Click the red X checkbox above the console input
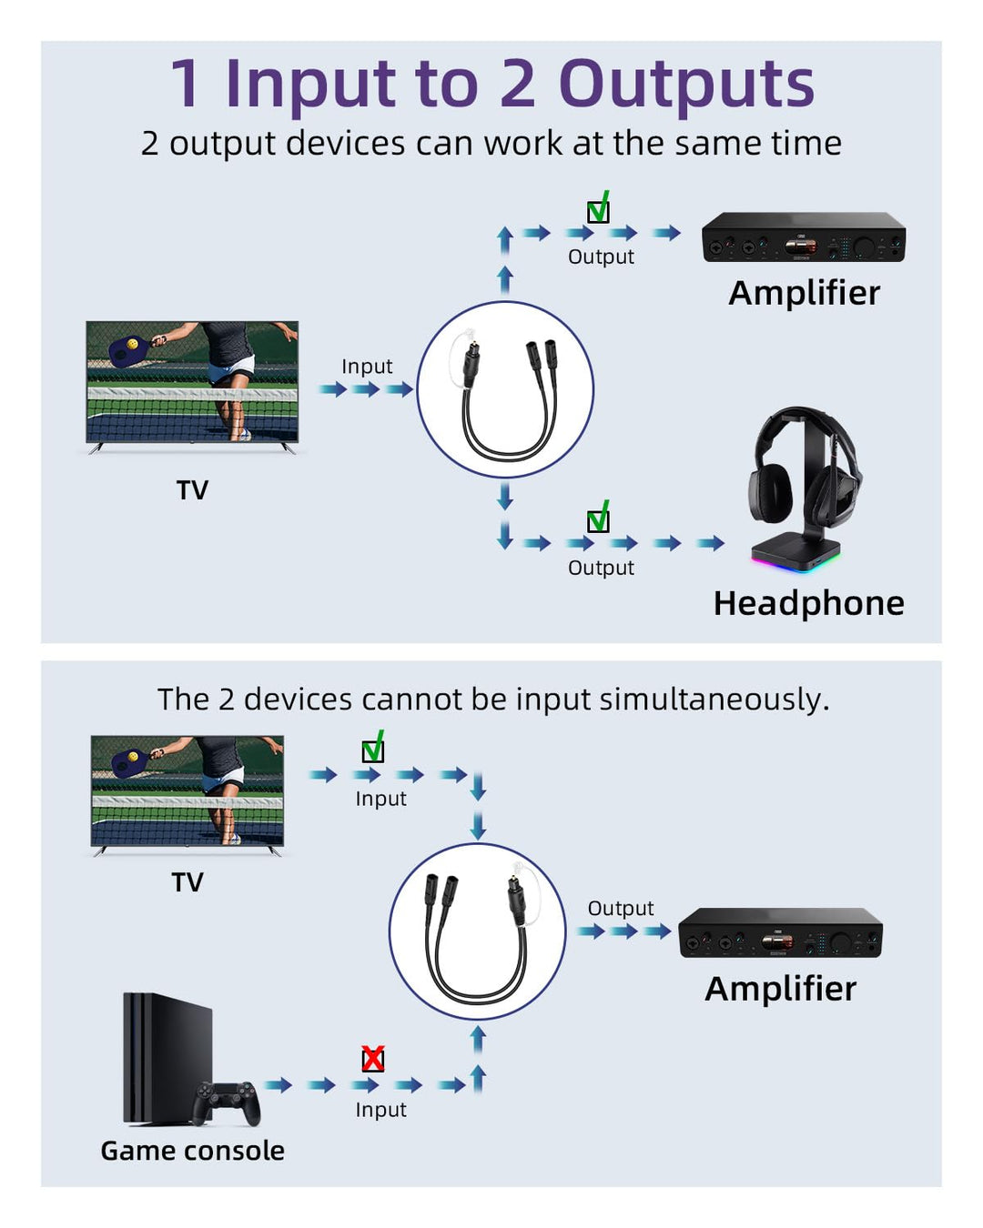pos(372,1059)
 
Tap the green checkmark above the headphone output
pos(598,519)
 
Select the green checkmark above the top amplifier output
pos(598,210)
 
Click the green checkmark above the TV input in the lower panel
pos(373,750)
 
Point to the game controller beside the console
pos(227,1102)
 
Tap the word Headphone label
pos(808,603)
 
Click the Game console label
pos(192,1151)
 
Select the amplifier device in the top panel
pos(804,237)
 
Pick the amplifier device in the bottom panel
pos(780,933)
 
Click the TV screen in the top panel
pos(192,382)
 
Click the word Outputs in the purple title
pos(686,84)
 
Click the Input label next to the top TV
pos(367,367)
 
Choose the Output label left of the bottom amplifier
pos(621,908)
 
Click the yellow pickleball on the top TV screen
pos(134,345)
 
